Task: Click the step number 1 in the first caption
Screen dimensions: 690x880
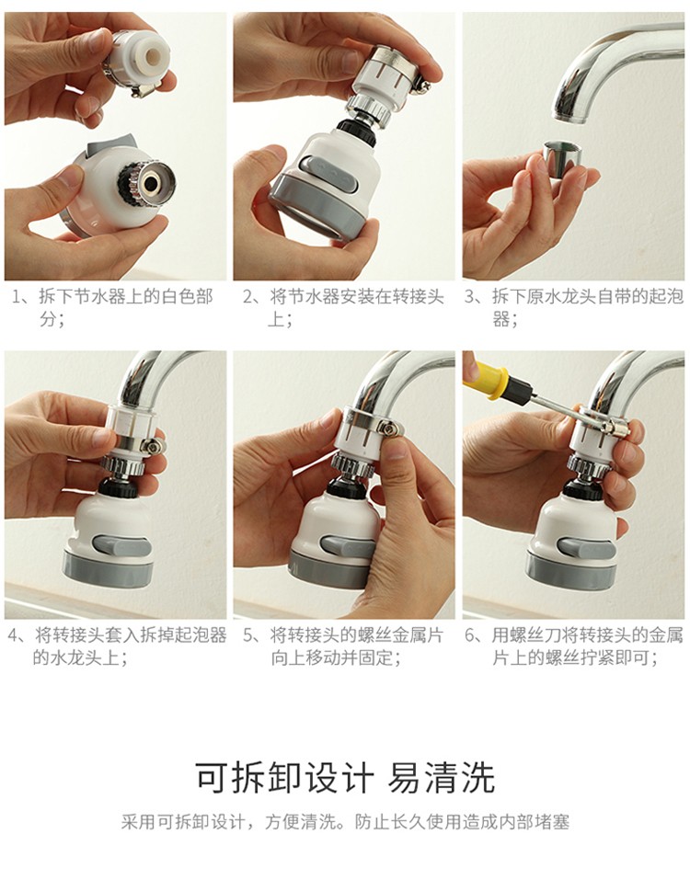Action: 17,296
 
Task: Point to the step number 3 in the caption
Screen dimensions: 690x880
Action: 470,296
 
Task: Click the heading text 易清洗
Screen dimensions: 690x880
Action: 442,778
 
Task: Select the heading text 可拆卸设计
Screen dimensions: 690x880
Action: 284,778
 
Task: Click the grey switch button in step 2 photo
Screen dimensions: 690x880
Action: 328,172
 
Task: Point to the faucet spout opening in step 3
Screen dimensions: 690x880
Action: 569,118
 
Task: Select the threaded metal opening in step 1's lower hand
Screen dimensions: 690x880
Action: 151,182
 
